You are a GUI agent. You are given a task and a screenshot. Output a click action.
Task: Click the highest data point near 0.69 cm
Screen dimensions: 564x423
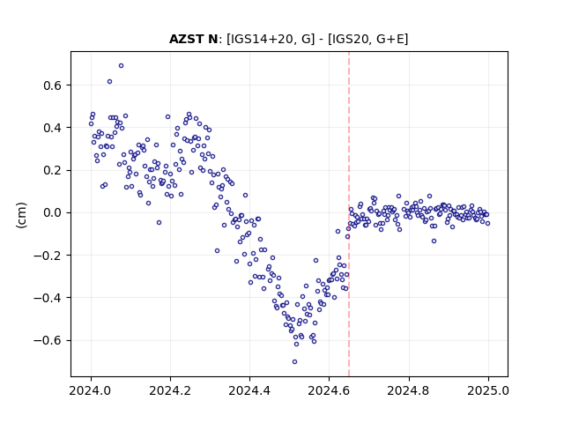(122, 66)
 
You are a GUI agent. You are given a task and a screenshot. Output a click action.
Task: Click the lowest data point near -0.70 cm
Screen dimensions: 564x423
(294, 362)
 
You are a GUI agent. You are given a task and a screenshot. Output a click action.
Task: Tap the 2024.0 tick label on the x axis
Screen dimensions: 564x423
(91, 390)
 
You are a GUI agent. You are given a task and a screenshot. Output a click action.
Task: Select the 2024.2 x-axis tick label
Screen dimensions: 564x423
(170, 390)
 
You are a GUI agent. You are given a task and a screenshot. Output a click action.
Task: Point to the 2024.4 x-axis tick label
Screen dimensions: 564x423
(249, 390)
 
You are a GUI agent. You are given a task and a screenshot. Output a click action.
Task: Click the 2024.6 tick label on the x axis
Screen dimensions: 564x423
(329, 390)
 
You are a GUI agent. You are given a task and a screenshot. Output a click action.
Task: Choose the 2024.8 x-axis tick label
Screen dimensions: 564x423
(409, 390)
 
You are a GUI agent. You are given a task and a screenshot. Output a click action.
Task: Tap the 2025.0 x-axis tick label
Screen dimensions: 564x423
(488, 390)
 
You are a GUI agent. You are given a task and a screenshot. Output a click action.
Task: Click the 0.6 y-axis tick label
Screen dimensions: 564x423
(53, 85)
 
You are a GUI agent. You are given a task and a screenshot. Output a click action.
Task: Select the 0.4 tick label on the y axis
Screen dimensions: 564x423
(53, 128)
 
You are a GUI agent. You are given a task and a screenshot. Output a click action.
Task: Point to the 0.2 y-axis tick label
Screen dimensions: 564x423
(53, 170)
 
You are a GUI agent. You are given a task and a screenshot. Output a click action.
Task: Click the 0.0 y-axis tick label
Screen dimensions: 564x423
(53, 212)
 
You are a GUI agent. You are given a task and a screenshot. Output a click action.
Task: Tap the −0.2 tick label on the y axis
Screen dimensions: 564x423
(48, 256)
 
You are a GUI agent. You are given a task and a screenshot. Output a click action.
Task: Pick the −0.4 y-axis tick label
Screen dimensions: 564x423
(48, 298)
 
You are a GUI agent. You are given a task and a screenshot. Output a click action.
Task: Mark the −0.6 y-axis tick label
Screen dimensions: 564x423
(48, 340)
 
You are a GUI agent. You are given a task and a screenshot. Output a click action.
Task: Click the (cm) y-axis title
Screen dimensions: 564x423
(21, 215)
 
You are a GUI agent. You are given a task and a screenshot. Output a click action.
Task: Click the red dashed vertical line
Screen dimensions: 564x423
(349, 214)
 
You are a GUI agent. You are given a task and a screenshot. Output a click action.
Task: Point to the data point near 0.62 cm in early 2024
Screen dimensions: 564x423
(109, 82)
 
